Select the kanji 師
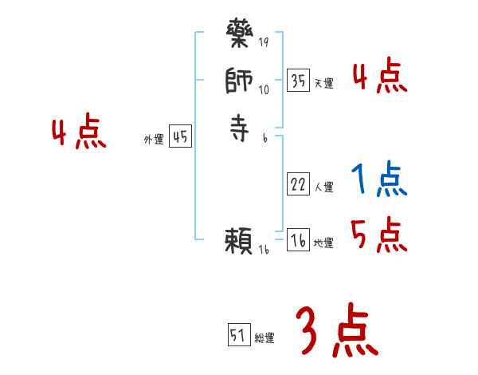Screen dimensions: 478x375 pyautogui.click(x=240, y=82)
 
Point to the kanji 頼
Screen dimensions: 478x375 pyautogui.click(x=240, y=241)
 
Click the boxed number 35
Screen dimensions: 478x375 pyautogui.click(x=298, y=81)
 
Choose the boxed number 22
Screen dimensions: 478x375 pyautogui.click(x=298, y=184)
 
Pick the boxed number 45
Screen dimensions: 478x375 pyautogui.click(x=180, y=136)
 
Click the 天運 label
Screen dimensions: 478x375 pyautogui.click(x=323, y=83)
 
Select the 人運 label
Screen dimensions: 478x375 pyautogui.click(x=323, y=187)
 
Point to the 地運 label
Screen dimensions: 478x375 pyautogui.click(x=323, y=243)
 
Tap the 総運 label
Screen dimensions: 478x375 pyautogui.click(x=264, y=338)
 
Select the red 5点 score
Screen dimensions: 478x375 pyautogui.click(x=378, y=235)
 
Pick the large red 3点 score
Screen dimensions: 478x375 pyautogui.click(x=336, y=331)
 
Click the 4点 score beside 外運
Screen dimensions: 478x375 pyautogui.click(x=79, y=132)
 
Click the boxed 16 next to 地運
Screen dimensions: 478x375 pyautogui.click(x=298, y=240)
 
